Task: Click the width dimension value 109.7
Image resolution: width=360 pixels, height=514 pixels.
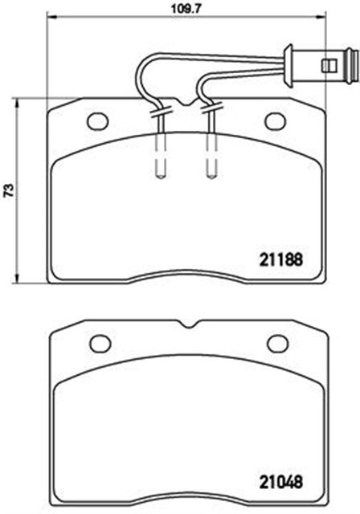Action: (x=186, y=9)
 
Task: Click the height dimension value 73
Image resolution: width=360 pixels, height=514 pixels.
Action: (x=9, y=190)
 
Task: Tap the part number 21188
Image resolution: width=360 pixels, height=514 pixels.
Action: (x=280, y=260)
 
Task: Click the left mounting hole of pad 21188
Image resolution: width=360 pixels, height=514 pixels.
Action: (x=98, y=121)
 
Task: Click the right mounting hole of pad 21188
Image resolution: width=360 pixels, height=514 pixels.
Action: (x=275, y=121)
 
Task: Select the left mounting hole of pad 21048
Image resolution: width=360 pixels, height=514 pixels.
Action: (x=100, y=344)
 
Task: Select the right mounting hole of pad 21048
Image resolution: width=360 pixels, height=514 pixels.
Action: (x=278, y=344)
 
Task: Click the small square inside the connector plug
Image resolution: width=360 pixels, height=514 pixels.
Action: (x=329, y=64)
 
